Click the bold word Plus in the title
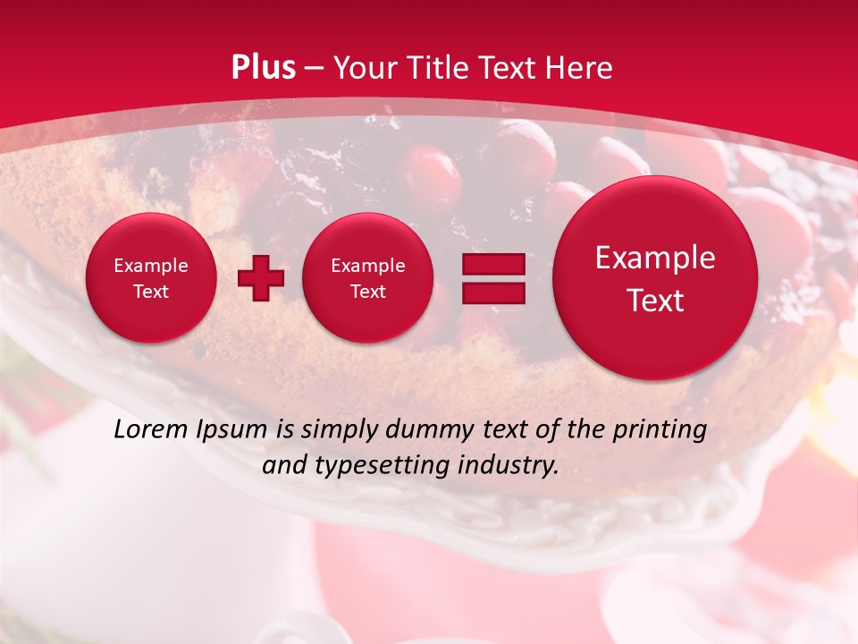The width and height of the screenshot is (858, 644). point(263,68)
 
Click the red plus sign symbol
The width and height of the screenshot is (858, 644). point(261,279)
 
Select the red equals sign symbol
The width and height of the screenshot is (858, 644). point(493,278)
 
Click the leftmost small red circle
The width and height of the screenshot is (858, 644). point(150,277)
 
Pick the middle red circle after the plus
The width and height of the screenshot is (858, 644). point(367,277)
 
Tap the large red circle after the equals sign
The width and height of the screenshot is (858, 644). point(655,278)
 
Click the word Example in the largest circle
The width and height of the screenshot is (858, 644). point(655,258)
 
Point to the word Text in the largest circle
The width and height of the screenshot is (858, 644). point(655,301)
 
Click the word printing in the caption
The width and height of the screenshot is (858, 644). point(660,430)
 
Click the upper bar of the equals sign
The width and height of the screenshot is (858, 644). point(493,264)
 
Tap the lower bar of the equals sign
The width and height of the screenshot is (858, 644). point(493,293)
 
